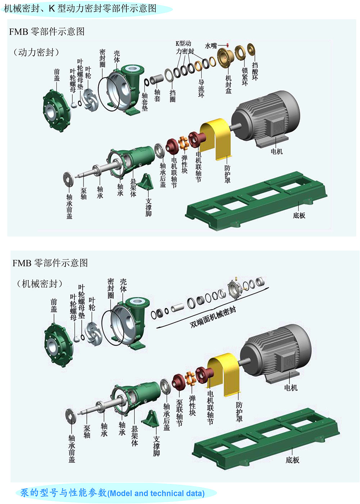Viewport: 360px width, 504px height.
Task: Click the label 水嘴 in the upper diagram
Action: coord(211,46)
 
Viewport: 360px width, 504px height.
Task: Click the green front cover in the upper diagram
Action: coord(56,108)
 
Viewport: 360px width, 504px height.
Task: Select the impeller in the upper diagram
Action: coord(90,99)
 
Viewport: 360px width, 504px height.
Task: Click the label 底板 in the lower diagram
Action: coord(292,460)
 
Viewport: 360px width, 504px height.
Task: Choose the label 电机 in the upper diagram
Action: coord(276,152)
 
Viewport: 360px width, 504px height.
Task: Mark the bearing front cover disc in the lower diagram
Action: coord(71,415)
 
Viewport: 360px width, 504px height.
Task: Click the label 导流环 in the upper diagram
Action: coord(201,88)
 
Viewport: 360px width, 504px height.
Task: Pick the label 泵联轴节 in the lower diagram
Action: coord(179,413)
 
